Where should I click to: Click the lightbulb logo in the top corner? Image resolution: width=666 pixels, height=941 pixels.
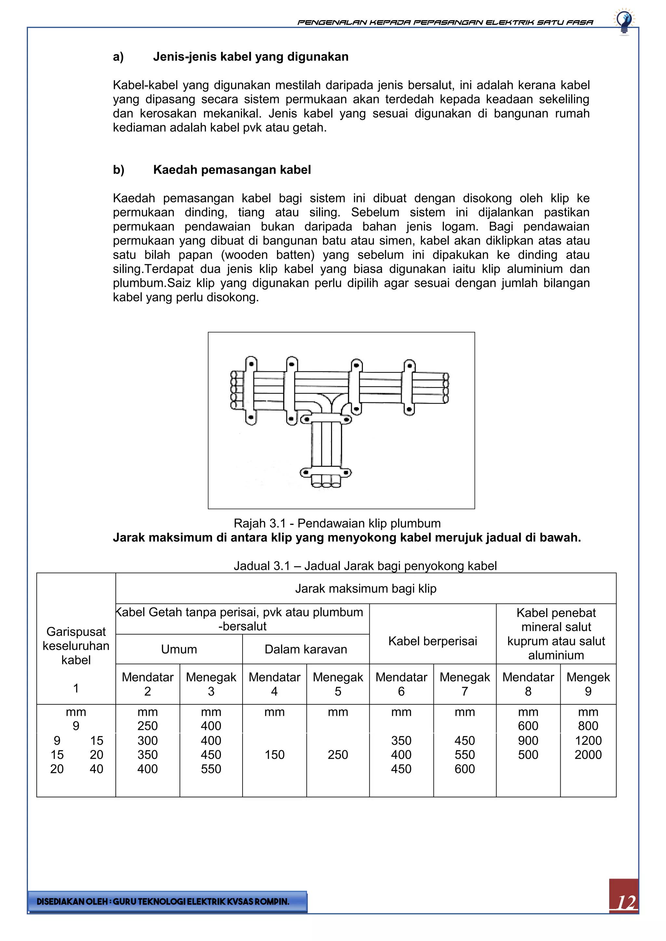[624, 21]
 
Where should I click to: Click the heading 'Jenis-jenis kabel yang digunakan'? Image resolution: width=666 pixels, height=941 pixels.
[251, 57]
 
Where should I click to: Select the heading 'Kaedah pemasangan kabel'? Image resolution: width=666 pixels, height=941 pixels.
[232, 170]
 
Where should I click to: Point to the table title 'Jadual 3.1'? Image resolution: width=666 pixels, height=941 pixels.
[365, 566]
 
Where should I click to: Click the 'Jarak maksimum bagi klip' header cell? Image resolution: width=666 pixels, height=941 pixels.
[366, 589]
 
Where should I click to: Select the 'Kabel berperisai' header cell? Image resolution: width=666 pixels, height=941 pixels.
[432, 641]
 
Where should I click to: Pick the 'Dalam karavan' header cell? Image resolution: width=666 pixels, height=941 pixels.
[306, 649]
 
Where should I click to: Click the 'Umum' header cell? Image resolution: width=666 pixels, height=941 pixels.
[179, 649]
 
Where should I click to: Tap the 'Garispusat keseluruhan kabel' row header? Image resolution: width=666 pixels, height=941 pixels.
[76, 646]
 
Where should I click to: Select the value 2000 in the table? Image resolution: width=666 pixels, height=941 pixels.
[588, 754]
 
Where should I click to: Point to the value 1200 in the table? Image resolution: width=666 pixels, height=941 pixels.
[588, 740]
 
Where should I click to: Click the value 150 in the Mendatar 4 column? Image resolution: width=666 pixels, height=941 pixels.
[274, 754]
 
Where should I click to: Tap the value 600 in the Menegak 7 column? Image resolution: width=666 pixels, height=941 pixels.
[464, 769]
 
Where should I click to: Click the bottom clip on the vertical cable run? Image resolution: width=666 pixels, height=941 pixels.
[326, 473]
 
